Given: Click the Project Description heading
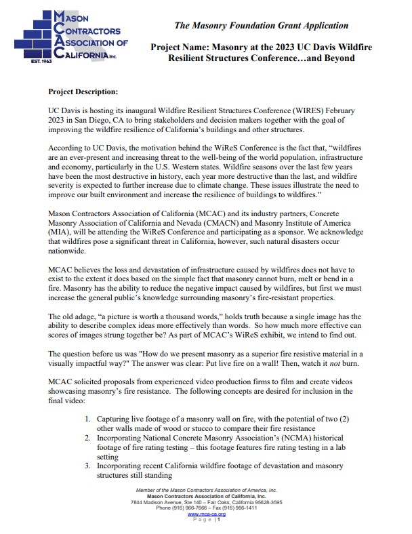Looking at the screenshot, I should click(83, 90).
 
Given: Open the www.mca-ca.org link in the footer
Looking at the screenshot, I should click(206, 514).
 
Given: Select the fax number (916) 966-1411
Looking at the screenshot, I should click(242, 508).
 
